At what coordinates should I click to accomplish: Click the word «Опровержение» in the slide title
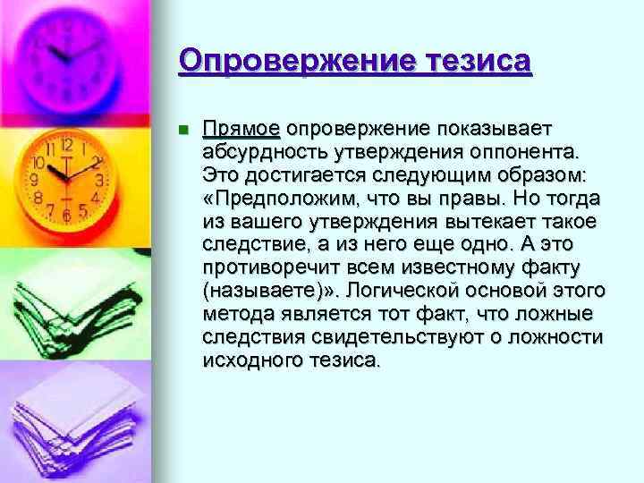[x=284, y=62]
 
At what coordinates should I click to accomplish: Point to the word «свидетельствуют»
[x=413, y=337]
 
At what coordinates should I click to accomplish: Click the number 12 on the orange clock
[x=66, y=144]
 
